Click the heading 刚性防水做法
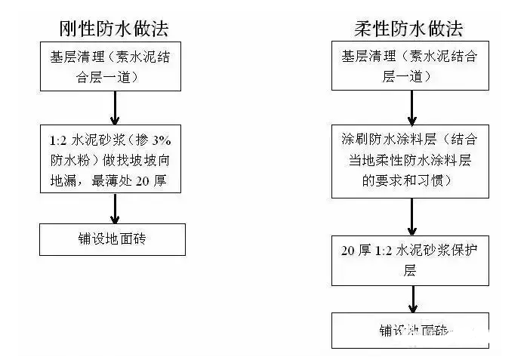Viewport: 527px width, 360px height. point(113,29)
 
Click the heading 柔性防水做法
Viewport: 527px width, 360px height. point(408,29)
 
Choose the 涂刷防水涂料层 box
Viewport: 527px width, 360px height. point(410,159)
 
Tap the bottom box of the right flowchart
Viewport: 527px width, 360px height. point(410,331)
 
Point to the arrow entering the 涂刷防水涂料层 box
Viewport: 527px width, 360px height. point(411,107)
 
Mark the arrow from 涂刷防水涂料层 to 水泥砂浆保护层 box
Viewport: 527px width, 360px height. point(411,214)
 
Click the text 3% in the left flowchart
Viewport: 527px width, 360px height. point(165,140)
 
